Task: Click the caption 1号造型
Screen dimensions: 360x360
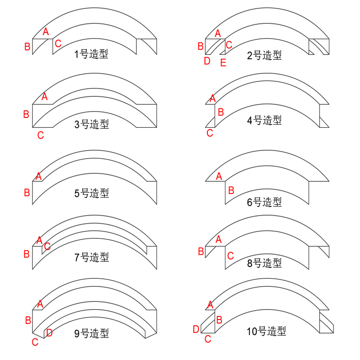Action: pyautogui.click(x=91, y=54)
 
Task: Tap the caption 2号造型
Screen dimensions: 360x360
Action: pyautogui.click(x=264, y=55)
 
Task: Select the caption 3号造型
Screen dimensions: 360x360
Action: pyautogui.click(x=91, y=124)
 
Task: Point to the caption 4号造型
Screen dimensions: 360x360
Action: pyautogui.click(x=264, y=120)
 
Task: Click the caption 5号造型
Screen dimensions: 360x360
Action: pyautogui.click(x=91, y=193)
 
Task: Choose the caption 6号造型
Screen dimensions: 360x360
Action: pyautogui.click(x=264, y=202)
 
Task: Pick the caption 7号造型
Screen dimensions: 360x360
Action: pyautogui.click(x=91, y=257)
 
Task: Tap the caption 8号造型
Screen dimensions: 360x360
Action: pyautogui.click(x=264, y=263)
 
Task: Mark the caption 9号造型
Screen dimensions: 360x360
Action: pyautogui.click(x=91, y=333)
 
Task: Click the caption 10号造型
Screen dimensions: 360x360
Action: pyautogui.click(x=266, y=331)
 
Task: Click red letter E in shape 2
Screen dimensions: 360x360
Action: pyautogui.click(x=223, y=63)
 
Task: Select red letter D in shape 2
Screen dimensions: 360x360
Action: pyautogui.click(x=207, y=61)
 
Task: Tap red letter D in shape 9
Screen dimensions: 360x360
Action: pyautogui.click(x=49, y=333)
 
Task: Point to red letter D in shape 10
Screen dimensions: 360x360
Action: pyautogui.click(x=196, y=329)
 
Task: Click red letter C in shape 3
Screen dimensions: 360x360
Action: pyautogui.click(x=40, y=135)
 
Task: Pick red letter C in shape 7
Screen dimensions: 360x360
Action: pyautogui.click(x=47, y=246)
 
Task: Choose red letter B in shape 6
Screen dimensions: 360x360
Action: pyautogui.click(x=231, y=190)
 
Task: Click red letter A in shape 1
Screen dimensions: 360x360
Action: pyautogui.click(x=46, y=31)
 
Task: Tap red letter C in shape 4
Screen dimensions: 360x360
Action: pyautogui.click(x=210, y=133)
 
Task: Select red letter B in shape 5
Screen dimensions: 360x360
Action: pyautogui.click(x=27, y=193)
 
